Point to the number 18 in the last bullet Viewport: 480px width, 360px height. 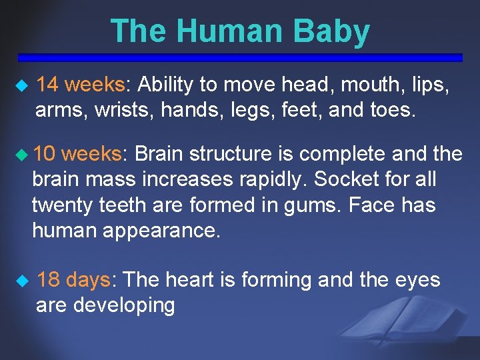coord(49,280)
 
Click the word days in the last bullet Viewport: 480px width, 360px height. coord(91,280)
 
